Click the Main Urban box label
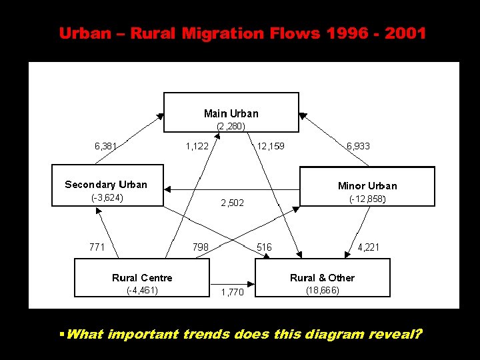click(x=231, y=113)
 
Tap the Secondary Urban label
click(x=106, y=185)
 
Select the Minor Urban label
click(x=367, y=186)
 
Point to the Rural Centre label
click(x=142, y=278)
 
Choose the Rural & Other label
click(x=322, y=278)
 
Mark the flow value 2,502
click(x=232, y=203)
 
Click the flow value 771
click(x=97, y=247)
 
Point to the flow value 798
click(x=200, y=247)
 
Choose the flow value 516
click(x=264, y=247)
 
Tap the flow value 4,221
click(x=369, y=247)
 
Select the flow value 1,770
click(x=232, y=293)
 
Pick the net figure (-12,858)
click(x=367, y=199)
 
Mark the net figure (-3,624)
click(x=107, y=198)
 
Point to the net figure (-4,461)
click(x=142, y=291)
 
